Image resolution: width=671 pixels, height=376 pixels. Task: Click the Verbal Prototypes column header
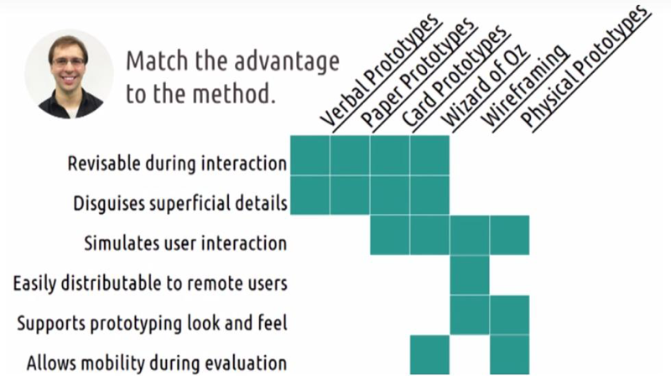pos(380,70)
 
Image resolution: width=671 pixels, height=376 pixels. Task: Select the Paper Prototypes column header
pos(418,73)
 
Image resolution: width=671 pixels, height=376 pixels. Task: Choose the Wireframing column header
pos(525,86)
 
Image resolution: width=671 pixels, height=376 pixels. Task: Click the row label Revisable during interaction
pos(177,164)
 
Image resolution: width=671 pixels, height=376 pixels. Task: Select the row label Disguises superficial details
pos(180,203)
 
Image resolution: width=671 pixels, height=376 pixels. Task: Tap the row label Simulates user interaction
pos(185,243)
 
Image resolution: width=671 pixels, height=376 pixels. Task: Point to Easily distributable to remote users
pos(150,283)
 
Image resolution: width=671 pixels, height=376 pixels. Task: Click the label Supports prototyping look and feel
pos(152,323)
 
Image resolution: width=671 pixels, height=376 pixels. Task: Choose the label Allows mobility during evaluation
pos(157,363)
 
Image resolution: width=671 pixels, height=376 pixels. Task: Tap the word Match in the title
pos(158,60)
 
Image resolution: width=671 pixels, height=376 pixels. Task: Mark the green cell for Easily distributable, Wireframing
pos(470,275)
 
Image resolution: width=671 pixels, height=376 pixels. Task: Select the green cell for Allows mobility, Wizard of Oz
pos(429,354)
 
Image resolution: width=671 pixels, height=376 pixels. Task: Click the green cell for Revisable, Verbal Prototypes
pos(309,155)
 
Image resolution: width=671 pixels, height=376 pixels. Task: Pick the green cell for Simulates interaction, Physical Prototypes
pos(509,235)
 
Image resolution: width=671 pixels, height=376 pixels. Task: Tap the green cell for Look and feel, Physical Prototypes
pos(509,315)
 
